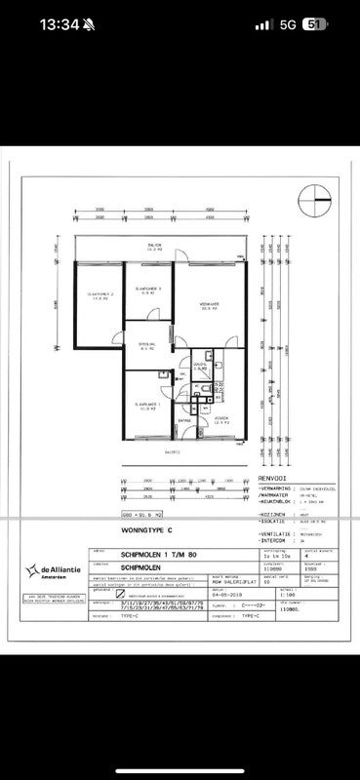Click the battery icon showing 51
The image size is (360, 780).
pos(314,25)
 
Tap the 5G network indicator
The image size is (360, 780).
pos(286,25)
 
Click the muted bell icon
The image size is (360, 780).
pos(89,25)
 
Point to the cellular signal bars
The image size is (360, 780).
pos(260,25)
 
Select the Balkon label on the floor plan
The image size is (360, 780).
pos(154,247)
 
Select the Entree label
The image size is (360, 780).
pos(183,420)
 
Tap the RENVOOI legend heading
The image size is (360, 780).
pos(274,478)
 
